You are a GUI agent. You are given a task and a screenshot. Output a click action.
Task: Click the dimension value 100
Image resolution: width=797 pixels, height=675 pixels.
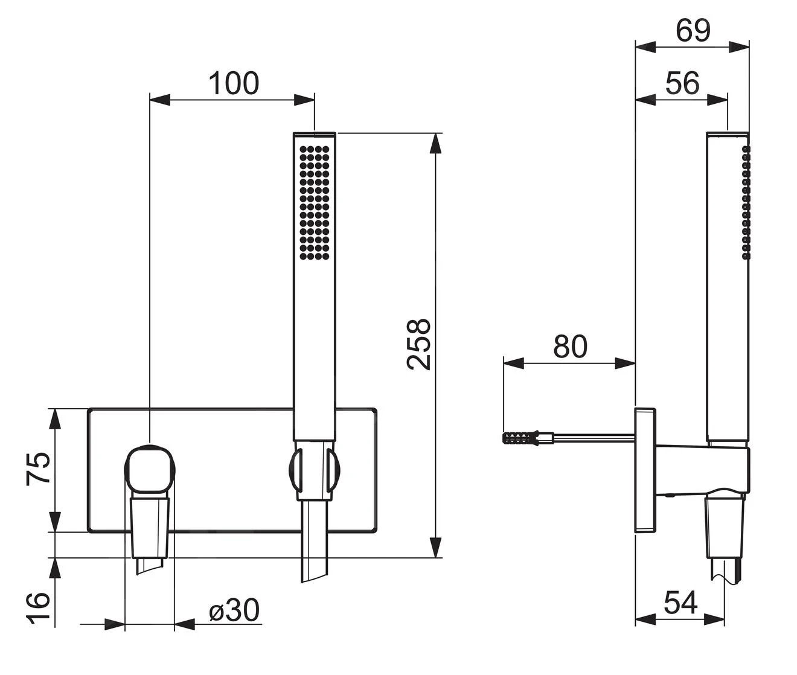pyautogui.click(x=233, y=83)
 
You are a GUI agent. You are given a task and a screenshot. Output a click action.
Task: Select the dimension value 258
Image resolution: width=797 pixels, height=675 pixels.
pyautogui.click(x=418, y=344)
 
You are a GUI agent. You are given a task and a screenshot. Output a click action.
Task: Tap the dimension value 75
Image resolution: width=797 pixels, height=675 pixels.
pyautogui.click(x=38, y=468)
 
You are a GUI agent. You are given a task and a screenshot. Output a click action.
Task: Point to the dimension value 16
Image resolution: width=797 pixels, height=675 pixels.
pyautogui.click(x=38, y=609)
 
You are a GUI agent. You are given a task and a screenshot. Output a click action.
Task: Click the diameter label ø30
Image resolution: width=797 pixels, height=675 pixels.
pyautogui.click(x=234, y=610)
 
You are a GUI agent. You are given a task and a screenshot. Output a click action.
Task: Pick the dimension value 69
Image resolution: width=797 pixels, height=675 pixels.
pyautogui.click(x=693, y=30)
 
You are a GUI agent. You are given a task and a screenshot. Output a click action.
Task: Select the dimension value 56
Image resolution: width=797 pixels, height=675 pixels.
pyautogui.click(x=682, y=83)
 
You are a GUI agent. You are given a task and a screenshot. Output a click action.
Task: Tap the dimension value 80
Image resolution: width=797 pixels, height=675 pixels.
pyautogui.click(x=570, y=347)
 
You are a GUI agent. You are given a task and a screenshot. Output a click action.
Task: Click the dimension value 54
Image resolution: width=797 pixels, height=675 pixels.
pyautogui.click(x=680, y=602)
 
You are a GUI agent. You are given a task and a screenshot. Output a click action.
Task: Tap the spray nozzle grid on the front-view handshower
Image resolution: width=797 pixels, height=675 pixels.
pyautogui.click(x=315, y=202)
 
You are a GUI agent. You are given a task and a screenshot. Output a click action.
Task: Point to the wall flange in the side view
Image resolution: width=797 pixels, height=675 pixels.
pyautogui.click(x=645, y=470)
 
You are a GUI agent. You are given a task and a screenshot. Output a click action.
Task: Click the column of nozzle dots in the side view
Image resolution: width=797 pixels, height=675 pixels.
pyautogui.click(x=746, y=202)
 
